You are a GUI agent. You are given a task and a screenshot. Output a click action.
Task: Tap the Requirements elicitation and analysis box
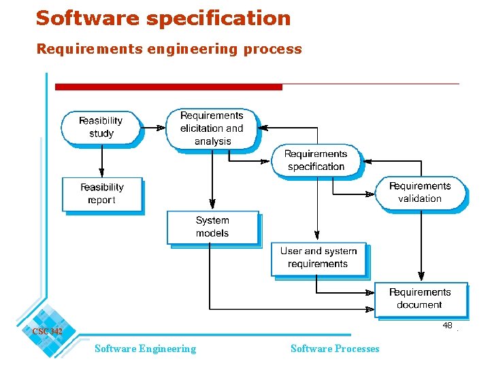coord(212,128)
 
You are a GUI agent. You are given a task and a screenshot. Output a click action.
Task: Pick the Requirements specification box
coord(316,160)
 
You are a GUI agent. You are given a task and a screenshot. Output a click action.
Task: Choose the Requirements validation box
coord(420,192)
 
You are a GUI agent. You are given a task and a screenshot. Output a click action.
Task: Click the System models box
coord(212,227)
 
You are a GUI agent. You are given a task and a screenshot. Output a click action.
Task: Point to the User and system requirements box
coord(318,258)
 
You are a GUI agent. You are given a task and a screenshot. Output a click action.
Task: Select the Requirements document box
coord(420,298)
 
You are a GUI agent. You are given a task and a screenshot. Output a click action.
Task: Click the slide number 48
coord(447,326)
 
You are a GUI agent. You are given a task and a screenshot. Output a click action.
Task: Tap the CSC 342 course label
coord(47,331)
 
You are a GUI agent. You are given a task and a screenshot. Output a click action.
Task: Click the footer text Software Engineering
coord(145,349)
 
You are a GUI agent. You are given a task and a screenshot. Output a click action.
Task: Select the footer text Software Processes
coord(335,349)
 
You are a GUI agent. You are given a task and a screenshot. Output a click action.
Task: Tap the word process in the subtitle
coord(276,49)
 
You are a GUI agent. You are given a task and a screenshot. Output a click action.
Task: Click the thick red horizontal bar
coord(168,87)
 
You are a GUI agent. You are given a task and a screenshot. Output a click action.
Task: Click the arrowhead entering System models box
coord(212,205)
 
